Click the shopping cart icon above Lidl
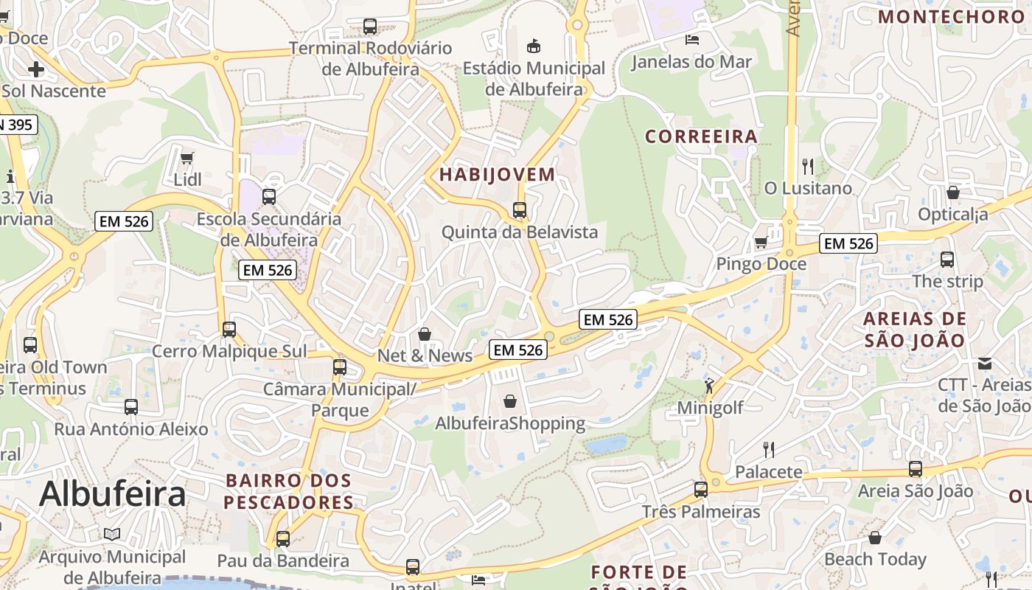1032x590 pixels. point(186,158)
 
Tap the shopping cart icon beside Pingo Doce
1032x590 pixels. point(761,242)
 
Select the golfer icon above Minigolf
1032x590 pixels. point(709,385)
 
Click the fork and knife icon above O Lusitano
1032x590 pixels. point(808,166)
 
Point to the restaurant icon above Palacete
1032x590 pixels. point(768,449)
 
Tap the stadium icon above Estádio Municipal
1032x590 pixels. point(534,46)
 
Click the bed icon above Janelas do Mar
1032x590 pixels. point(691,39)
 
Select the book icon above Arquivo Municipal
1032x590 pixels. point(112,534)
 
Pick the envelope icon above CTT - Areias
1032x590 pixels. point(985,363)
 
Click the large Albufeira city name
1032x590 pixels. point(112,493)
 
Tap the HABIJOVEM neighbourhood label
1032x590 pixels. point(497,175)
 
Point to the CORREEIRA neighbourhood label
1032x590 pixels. point(701,136)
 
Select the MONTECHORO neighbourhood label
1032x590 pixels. point(951,16)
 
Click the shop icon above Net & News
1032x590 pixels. point(425,334)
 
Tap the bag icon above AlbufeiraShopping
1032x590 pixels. point(509,401)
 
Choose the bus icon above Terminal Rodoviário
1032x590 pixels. point(370,27)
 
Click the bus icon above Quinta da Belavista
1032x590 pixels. point(520,210)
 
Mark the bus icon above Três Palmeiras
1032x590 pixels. point(700,489)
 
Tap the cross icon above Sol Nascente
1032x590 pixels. point(35,69)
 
